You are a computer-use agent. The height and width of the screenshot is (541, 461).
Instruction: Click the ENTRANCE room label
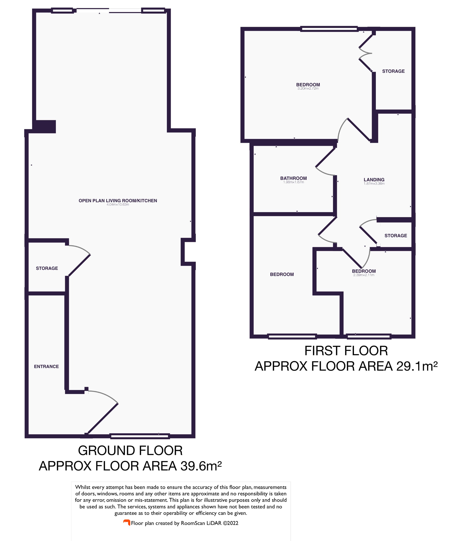[x=46, y=366]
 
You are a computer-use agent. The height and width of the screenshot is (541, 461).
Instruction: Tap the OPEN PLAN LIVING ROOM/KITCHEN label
[x=118, y=201]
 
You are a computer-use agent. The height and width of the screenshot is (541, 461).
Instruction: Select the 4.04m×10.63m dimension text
[x=118, y=205]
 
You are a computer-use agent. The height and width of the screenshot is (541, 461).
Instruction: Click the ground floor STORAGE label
[x=47, y=268]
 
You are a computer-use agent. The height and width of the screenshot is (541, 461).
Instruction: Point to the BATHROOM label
[x=293, y=178]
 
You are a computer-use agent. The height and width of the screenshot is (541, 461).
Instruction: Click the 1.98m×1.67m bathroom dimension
[x=294, y=182]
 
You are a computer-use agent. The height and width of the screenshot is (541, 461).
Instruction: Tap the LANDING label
[x=374, y=179]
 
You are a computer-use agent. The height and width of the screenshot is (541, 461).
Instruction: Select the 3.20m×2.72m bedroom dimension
[x=308, y=88]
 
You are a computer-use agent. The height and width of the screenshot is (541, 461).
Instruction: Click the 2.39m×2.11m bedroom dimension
[x=364, y=275]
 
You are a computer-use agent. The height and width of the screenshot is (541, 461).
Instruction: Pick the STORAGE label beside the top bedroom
[x=393, y=71]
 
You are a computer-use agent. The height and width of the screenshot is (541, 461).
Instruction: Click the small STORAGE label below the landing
[x=395, y=236]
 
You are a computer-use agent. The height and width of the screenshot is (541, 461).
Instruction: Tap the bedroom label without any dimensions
[x=282, y=274]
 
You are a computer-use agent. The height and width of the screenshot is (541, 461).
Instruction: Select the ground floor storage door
[x=79, y=265]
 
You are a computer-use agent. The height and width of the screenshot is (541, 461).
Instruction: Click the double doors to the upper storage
[x=365, y=53]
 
